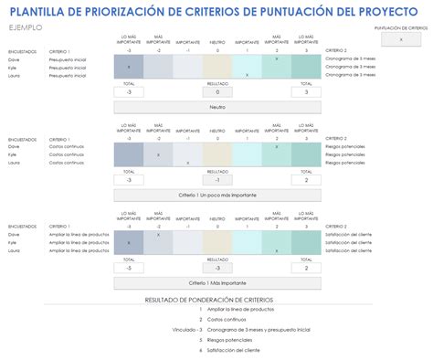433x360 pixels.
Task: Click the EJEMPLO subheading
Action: click(x=24, y=28)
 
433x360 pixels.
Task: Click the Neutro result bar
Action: click(x=217, y=107)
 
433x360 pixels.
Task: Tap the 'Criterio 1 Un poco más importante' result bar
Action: click(x=217, y=195)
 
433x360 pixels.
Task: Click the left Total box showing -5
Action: click(x=128, y=269)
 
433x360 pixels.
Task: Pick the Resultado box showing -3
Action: click(x=217, y=269)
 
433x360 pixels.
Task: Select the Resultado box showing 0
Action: click(x=217, y=92)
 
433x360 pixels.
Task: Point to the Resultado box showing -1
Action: click(x=217, y=180)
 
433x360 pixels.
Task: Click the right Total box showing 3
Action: click(x=306, y=92)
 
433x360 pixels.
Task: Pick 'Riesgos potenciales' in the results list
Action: click(x=228, y=340)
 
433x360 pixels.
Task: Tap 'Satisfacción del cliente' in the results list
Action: click(x=232, y=351)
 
